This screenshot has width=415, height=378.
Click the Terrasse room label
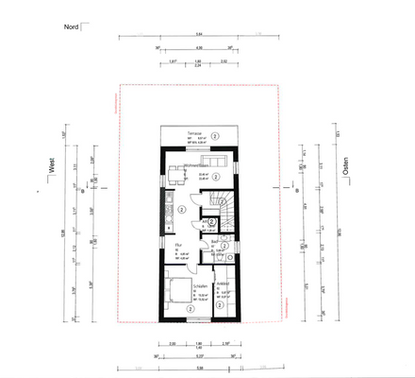pyautogui.click(x=196, y=131)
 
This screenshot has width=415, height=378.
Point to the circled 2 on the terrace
pyautogui.click(x=216, y=137)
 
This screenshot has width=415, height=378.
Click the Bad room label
pyautogui.click(x=215, y=242)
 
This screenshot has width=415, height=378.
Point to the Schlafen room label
pyautogui.click(x=199, y=285)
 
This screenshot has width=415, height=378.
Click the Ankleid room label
pyautogui.click(x=224, y=283)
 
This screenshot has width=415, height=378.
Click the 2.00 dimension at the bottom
pyautogui.click(x=173, y=346)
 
